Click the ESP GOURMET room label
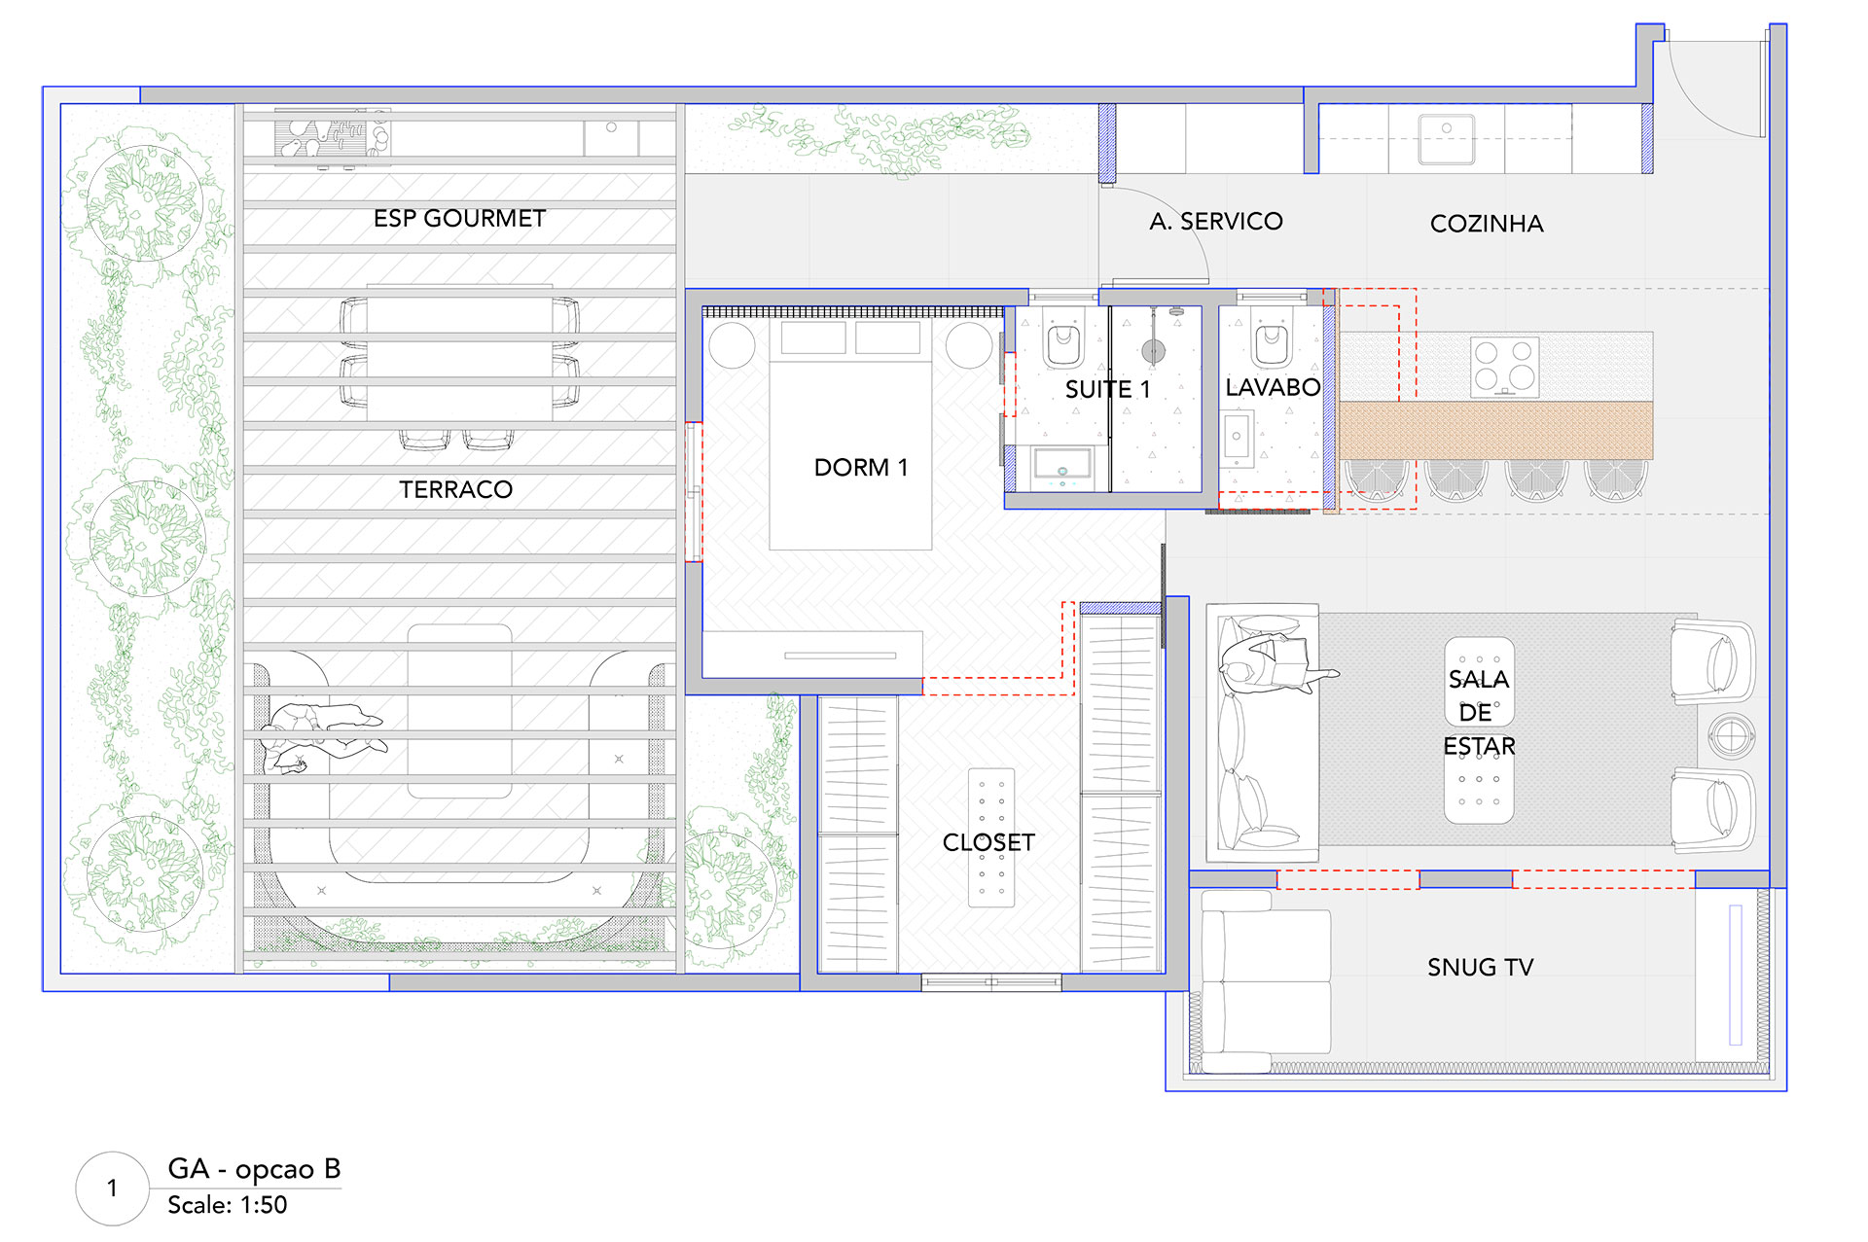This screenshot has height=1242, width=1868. pos(459,218)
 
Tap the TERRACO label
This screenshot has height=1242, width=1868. pos(455,489)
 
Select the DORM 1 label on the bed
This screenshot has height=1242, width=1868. pos(861,468)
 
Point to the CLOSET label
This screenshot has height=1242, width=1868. pos(988,842)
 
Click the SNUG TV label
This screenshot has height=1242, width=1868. pos(1480,967)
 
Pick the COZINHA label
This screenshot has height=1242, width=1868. pos(1487,224)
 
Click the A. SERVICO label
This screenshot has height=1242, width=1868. pos(1216,222)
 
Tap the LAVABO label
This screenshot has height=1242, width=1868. pos(1273,387)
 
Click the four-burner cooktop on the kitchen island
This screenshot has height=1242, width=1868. pos(1504,367)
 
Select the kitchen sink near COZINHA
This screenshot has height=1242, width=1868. pos(1447,139)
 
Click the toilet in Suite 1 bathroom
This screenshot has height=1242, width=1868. pos(1063,339)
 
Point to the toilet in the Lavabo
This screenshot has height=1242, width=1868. pos(1271,338)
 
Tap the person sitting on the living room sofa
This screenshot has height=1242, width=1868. pos(1275,663)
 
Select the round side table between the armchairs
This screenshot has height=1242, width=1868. pos(1732,735)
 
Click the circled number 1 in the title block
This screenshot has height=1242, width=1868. pos(113,1189)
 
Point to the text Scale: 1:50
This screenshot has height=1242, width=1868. pos(227,1205)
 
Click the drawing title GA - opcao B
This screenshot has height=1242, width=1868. pos(254,1169)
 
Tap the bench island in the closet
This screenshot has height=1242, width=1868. pos(991,837)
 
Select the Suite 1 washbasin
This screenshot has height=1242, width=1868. pos(1061,468)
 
